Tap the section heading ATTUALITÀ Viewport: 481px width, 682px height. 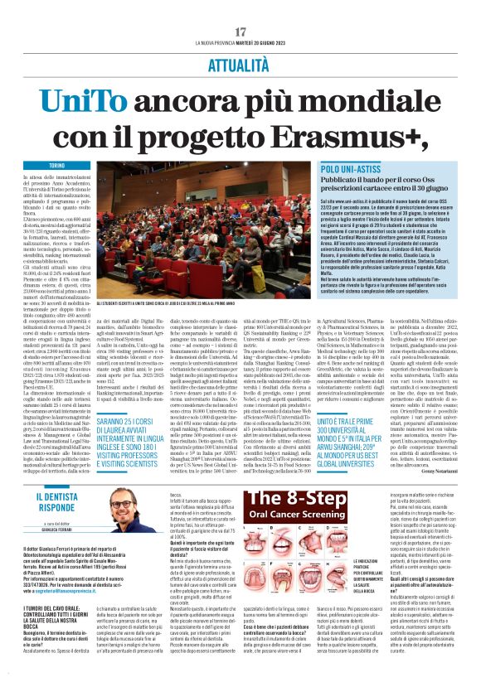coord(240,62)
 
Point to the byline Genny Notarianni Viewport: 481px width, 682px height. coord(430,481)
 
